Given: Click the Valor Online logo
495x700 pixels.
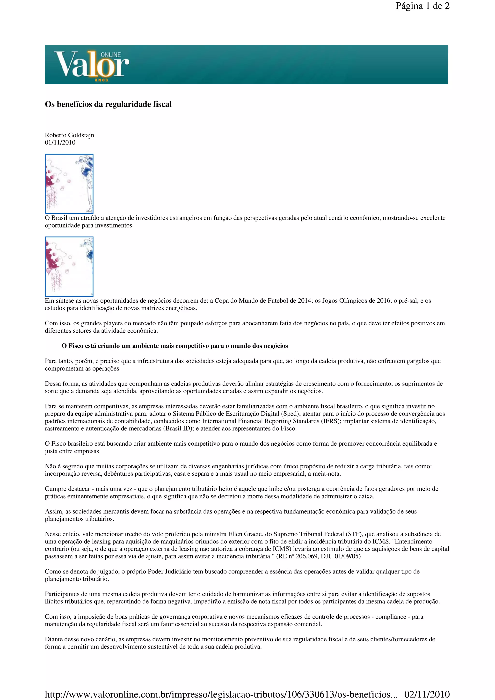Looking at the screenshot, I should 92,65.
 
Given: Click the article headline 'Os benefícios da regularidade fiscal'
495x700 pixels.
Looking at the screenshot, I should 108,104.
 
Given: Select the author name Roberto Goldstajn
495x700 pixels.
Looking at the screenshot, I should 70,135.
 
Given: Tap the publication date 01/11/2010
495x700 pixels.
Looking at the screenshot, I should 60,142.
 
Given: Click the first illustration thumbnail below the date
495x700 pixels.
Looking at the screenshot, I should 69,184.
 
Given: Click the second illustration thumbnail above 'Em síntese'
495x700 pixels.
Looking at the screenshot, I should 69,266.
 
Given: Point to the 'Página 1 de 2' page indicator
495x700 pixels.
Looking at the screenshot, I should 422,6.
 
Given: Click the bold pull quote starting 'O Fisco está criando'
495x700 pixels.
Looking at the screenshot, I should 175,346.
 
